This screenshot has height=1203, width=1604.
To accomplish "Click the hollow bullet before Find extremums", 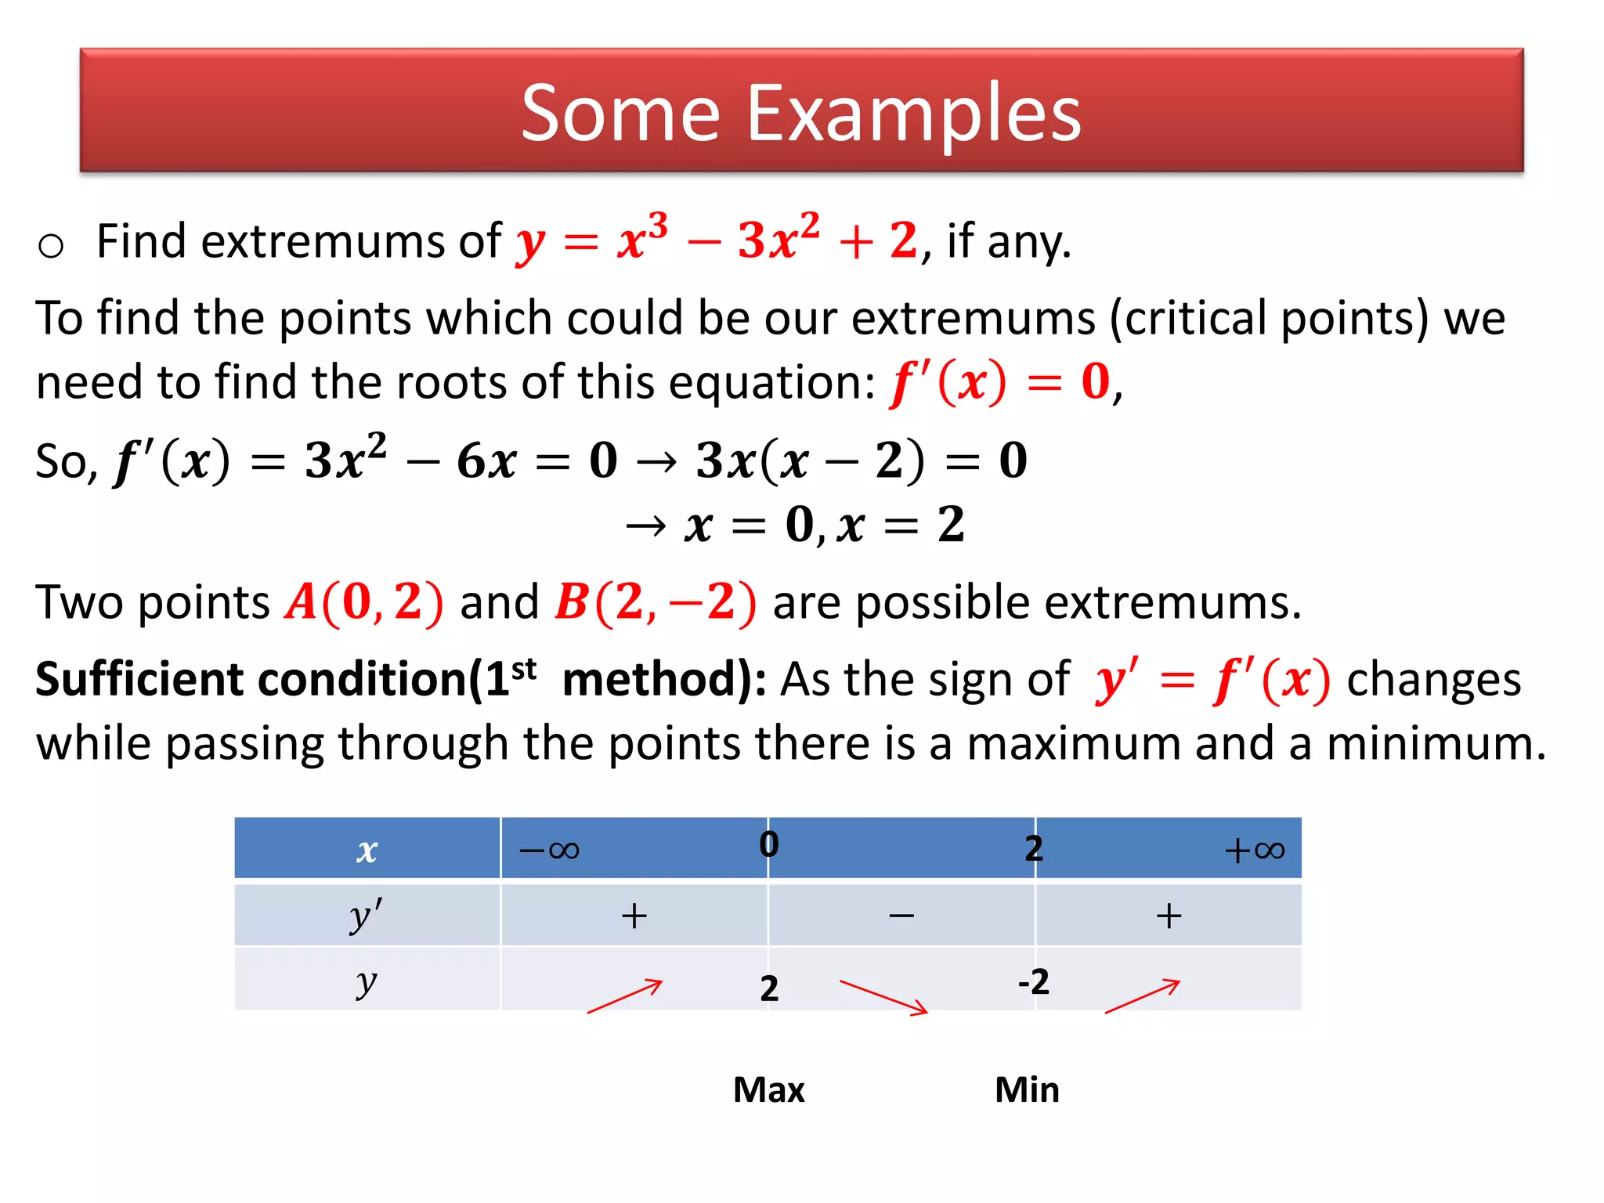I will (51, 246).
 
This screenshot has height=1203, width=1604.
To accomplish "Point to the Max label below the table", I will (768, 1089).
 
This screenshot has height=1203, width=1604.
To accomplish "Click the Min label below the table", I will (1026, 1089).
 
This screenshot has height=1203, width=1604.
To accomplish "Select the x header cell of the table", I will (367, 849).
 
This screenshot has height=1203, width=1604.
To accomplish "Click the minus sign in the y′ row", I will (901, 916).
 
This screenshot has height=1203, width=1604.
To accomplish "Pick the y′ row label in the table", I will (366, 915).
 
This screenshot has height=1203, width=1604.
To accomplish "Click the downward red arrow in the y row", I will (883, 997).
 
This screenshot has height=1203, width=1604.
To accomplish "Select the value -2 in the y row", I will (1033, 981).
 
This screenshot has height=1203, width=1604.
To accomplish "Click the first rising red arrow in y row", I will (625, 996).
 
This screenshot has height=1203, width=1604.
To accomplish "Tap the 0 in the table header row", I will (769, 844).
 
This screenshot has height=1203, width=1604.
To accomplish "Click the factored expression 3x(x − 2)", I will (810, 461).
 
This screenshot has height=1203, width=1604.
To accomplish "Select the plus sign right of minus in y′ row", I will (1169, 916).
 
